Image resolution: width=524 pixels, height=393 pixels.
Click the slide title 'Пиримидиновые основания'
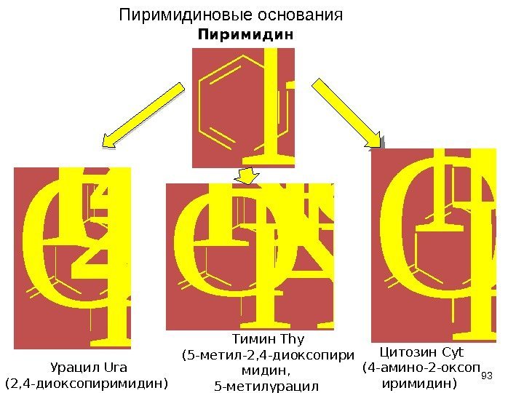pyautogui.click(x=231, y=15)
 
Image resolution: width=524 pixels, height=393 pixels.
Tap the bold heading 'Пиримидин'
pyautogui.click(x=245, y=35)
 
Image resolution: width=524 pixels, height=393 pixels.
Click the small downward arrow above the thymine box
pyautogui.click(x=247, y=175)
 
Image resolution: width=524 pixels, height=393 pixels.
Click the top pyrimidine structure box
pyautogui.click(x=243, y=108)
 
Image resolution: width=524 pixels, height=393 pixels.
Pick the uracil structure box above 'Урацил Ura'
pyautogui.click(x=73, y=258)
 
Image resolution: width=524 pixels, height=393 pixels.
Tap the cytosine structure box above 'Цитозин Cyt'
pyautogui.click(x=434, y=245)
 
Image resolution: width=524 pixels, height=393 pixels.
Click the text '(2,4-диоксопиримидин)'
pyautogui.click(x=87, y=382)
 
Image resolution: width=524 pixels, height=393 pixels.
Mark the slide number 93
pyautogui.click(x=487, y=376)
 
